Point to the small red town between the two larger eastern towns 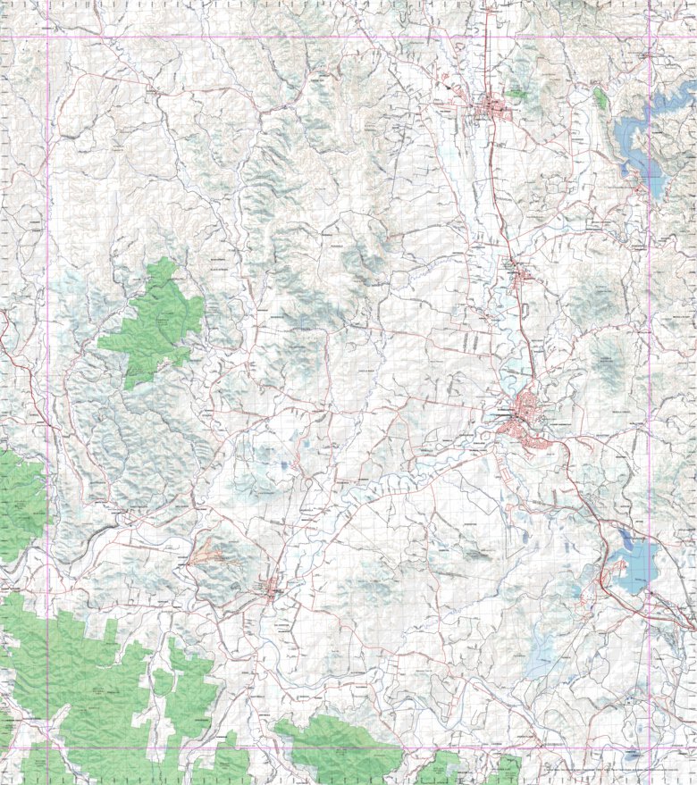click(520, 278)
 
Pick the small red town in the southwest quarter click(271, 589)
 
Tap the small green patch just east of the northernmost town click(516, 91)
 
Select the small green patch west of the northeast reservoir click(600, 96)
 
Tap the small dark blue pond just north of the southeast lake click(623, 538)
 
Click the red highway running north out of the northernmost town click(488, 54)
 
